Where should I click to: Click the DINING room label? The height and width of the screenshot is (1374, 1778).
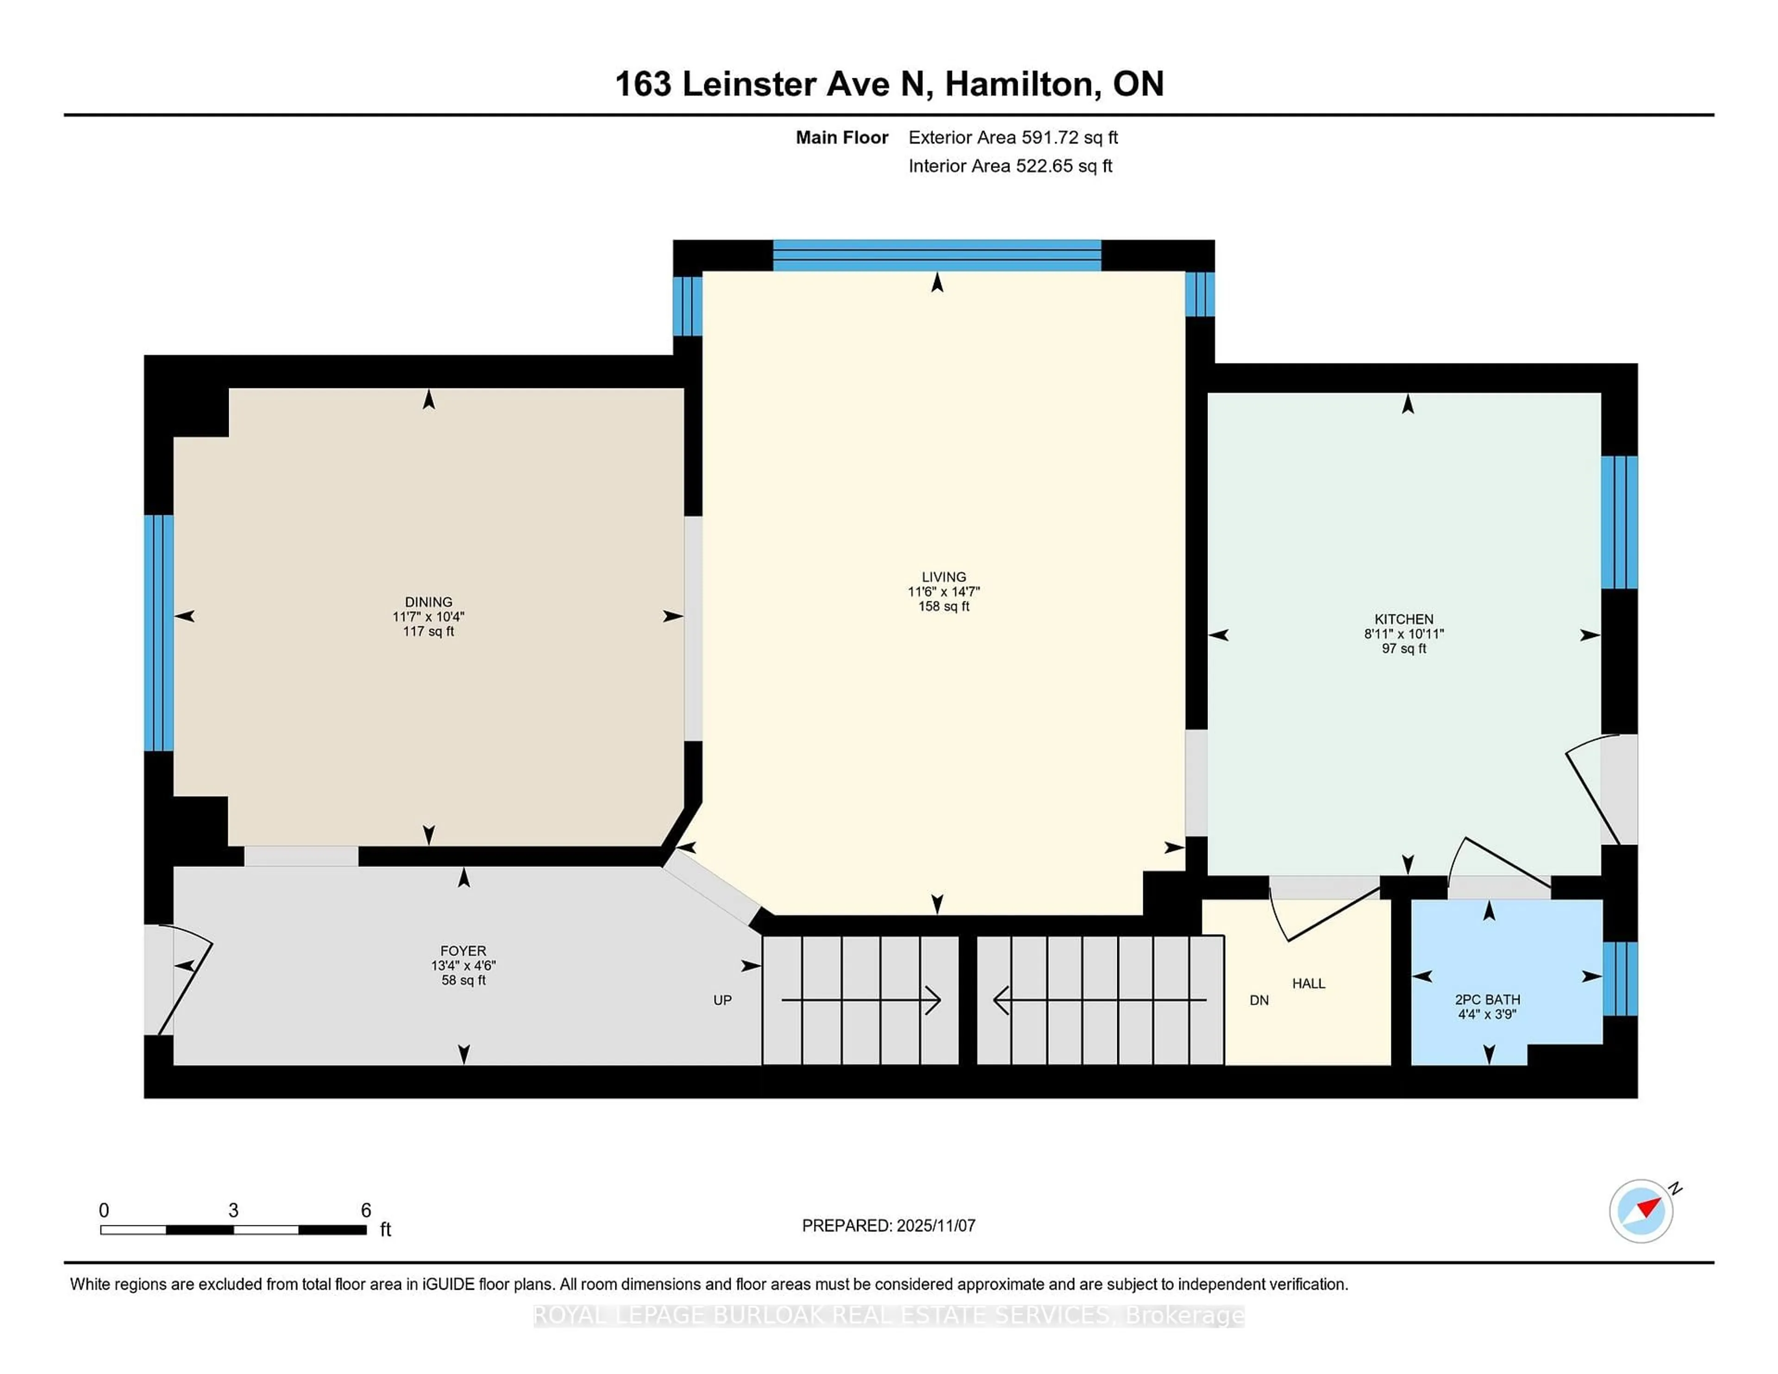coord(428,601)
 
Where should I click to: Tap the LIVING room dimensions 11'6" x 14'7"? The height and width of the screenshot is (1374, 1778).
coord(944,592)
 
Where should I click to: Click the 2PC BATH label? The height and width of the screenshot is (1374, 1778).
coord(1487,999)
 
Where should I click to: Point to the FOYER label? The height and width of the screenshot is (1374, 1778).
coord(463,951)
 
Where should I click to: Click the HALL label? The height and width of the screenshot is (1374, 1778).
coord(1308,983)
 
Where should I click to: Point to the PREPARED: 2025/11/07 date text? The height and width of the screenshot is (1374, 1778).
coord(888,1225)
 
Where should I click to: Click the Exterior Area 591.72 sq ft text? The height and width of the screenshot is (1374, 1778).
coord(1013,137)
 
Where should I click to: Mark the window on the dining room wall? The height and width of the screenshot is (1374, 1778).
coord(159,632)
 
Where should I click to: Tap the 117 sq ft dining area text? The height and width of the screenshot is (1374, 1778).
coord(428,631)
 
